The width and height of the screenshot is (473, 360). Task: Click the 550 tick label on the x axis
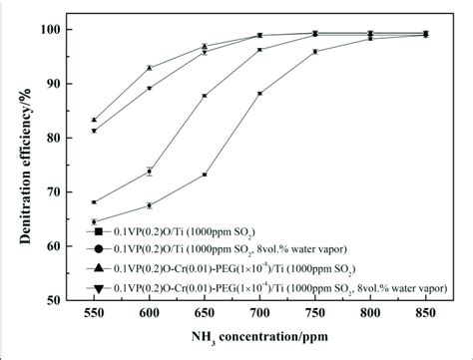[x=94, y=310]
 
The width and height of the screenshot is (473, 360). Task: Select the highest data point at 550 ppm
[x=94, y=120]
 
